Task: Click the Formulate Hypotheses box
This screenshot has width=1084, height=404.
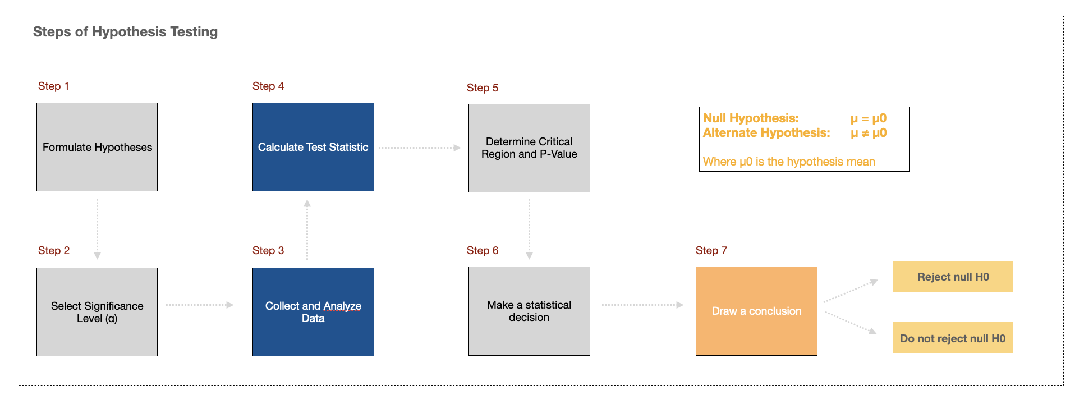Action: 97,147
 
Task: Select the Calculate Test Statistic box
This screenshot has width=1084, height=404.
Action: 313,147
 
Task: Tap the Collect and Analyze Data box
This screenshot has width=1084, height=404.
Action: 313,311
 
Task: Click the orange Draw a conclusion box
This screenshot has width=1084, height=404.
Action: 756,311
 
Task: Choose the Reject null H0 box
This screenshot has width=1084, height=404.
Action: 953,277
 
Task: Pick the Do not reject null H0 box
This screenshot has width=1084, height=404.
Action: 953,338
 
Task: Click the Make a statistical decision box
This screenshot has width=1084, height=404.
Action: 529,311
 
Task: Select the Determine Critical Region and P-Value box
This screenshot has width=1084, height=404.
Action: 529,148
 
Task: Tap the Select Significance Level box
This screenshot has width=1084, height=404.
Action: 97,312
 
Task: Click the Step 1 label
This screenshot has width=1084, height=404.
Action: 53,86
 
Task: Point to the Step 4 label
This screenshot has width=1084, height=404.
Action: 268,86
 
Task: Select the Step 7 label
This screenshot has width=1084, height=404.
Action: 711,250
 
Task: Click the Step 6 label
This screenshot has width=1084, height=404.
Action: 483,250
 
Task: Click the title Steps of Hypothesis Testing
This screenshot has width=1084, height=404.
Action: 125,32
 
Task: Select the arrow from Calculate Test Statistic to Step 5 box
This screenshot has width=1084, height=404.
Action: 419,148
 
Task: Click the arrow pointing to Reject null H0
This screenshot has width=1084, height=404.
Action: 850,291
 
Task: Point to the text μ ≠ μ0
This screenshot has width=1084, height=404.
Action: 869,133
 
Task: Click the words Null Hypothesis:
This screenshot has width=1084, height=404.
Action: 751,118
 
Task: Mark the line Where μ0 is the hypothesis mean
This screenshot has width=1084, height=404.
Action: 789,162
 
